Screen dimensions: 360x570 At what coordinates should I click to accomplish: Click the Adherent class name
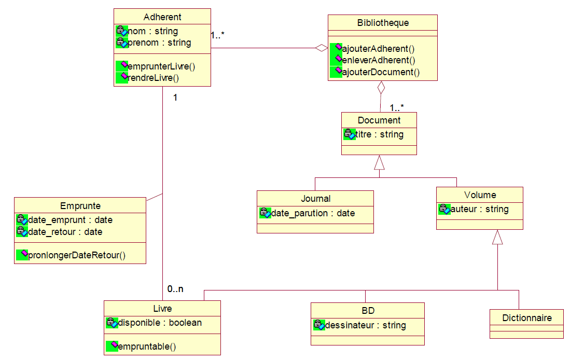pyautogui.click(x=162, y=17)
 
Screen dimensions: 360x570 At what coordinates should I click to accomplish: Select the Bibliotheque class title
pyautogui.click(x=383, y=23)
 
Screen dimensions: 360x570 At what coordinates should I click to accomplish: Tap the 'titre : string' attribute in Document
pyautogui.click(x=379, y=134)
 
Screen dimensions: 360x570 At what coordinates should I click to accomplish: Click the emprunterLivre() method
pyautogui.click(x=161, y=66)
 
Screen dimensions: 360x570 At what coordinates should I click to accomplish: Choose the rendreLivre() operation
pyautogui.click(x=153, y=78)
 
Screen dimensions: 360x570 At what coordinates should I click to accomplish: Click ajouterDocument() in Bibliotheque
pyautogui.click(x=380, y=72)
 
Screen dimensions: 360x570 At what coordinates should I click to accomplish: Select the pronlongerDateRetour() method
pyautogui.click(x=77, y=255)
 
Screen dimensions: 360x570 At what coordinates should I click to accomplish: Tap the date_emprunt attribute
pyautogui.click(x=70, y=220)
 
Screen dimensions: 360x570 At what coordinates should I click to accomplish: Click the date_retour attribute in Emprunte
pyautogui.click(x=65, y=232)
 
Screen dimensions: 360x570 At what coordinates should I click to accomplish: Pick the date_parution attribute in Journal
pyautogui.click(x=313, y=213)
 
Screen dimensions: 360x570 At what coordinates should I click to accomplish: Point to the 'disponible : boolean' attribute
pyautogui.click(x=159, y=323)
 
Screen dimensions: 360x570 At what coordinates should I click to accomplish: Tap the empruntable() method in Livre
pyautogui.click(x=147, y=347)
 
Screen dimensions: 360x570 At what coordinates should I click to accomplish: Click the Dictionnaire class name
pyautogui.click(x=526, y=317)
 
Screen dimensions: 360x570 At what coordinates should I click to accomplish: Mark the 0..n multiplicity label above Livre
pyautogui.click(x=175, y=289)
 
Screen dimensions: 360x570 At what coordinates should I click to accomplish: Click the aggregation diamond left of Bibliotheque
pyautogui.click(x=322, y=48)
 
